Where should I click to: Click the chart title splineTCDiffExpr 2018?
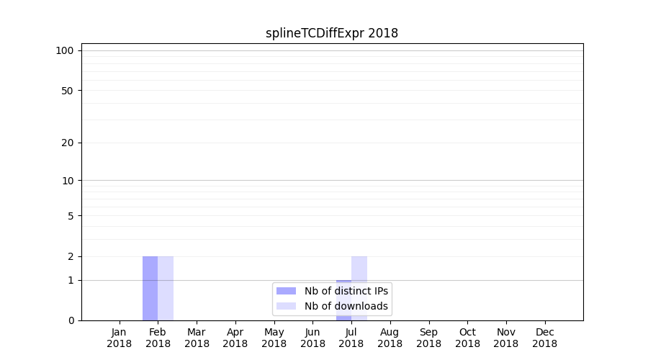(331, 33)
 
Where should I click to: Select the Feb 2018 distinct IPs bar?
(150, 288)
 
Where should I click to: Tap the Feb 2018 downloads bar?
(166, 288)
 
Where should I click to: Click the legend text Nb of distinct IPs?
(346, 291)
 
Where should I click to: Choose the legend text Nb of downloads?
(346, 306)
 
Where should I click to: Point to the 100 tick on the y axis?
(65, 50)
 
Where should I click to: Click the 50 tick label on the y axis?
(68, 91)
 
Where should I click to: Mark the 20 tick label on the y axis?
(68, 143)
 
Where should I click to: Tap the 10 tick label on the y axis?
(68, 181)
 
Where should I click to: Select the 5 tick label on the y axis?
(71, 216)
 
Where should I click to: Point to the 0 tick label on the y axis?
(71, 320)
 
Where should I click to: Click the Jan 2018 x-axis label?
(120, 338)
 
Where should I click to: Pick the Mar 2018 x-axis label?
(197, 338)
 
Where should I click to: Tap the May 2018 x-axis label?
(274, 338)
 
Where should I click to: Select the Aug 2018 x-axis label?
(390, 338)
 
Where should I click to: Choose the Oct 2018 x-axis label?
(467, 338)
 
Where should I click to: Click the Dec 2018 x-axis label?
(545, 338)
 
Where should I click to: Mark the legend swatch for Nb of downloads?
(286, 306)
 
